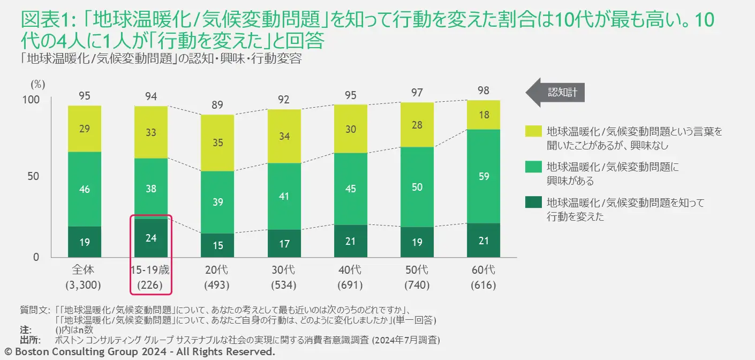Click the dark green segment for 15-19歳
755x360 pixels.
tap(151, 238)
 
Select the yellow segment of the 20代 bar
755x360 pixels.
tap(218, 143)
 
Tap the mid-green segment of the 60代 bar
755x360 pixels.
tap(483, 176)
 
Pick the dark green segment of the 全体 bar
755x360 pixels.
tap(84, 242)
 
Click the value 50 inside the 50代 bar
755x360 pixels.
tap(417, 187)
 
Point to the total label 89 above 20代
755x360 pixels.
tap(218, 105)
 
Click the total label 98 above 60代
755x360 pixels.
tap(483, 91)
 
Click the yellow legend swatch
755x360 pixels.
tap(533, 131)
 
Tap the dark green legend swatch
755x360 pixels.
tap(533, 202)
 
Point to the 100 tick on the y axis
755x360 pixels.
tap(32, 100)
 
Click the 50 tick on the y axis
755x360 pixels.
tap(34, 176)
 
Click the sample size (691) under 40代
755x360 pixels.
tap(350, 285)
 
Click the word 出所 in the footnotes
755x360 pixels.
tap(29, 339)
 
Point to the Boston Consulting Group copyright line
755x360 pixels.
tap(138, 352)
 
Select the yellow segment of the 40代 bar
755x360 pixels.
tap(350, 129)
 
